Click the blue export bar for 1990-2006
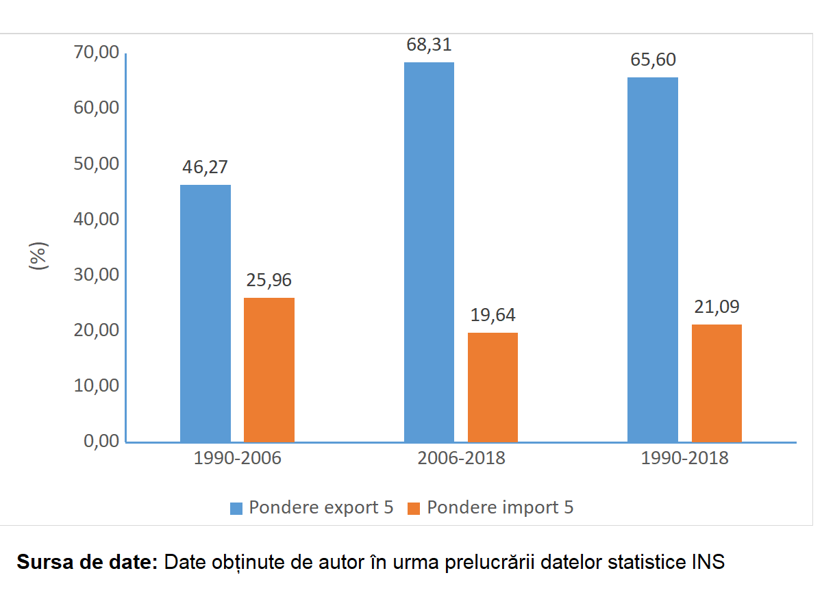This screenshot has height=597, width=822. pos(206,313)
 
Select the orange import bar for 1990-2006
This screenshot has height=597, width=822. pos(269,370)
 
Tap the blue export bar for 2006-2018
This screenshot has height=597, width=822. pos(429,252)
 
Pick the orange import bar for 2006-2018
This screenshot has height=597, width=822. pos(493,387)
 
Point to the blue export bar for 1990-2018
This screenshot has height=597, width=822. pos(653,259)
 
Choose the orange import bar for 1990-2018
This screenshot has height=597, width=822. pos(717,383)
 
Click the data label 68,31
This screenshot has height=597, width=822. pos(429,45)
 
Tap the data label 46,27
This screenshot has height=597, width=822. pos(205,168)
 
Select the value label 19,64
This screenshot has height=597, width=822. pos(493,315)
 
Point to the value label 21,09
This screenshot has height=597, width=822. pos(717,307)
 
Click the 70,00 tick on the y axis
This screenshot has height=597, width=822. pos(96,53)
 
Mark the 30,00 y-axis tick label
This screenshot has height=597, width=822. pos(96,275)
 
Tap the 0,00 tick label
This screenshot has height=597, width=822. pos(101,441)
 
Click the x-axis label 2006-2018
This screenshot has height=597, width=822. pos(461,459)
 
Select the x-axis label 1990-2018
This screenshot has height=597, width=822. pos(685,459)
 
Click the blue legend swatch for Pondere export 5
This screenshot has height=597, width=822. pos(236,508)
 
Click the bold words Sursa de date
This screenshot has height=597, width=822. pos(87,563)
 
